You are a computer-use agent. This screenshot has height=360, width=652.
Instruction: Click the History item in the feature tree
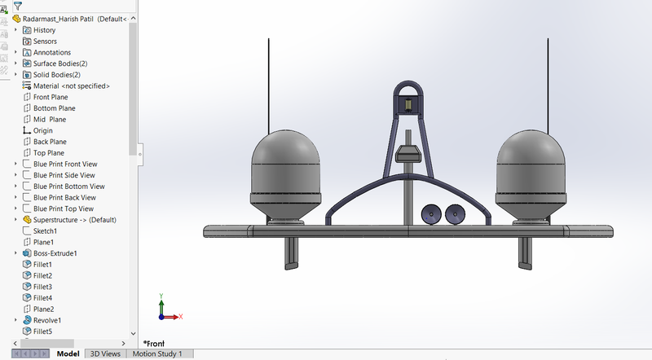[x=44, y=30]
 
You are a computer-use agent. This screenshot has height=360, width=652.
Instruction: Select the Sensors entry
[x=45, y=41]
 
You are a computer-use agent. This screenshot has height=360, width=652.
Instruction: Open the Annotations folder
[x=51, y=52]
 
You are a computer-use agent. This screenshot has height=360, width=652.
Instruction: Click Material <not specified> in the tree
[x=71, y=86]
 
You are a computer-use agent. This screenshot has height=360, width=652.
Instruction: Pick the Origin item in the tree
[x=42, y=130]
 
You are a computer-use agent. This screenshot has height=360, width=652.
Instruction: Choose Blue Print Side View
[x=64, y=175]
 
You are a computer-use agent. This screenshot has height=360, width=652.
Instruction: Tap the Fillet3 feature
[x=42, y=287]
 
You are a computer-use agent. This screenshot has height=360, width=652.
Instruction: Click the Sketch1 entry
[x=45, y=231]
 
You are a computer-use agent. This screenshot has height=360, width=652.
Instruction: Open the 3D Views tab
[x=105, y=354]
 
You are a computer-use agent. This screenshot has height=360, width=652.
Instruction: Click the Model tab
[x=68, y=354]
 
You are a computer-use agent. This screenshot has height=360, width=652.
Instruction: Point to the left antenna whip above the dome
[x=268, y=81]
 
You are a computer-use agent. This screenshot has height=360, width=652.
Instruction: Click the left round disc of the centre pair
[x=430, y=214]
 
